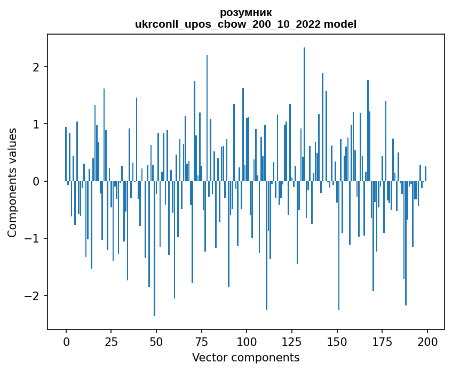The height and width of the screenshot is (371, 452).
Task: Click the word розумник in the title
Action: [245, 13]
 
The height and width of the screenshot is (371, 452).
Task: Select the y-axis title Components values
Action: [12, 182]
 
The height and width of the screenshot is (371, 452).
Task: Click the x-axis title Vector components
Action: [245, 357]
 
